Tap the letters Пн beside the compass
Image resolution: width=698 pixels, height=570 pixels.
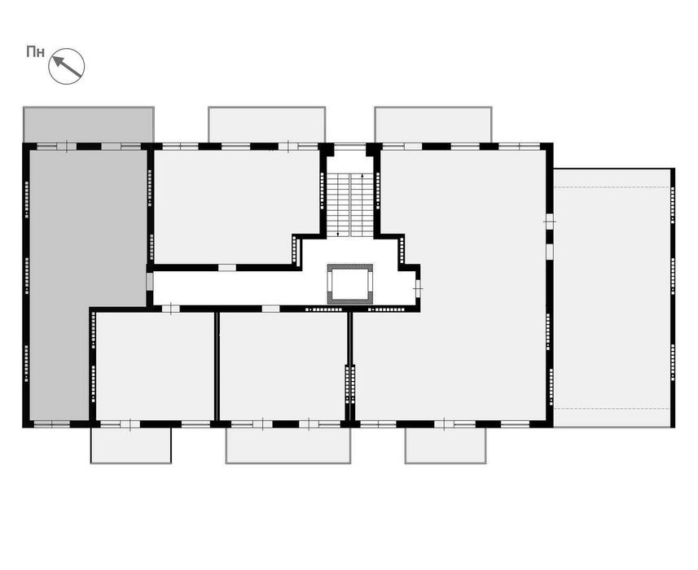pos(36,52)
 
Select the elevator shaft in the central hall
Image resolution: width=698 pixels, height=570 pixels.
pos(350,284)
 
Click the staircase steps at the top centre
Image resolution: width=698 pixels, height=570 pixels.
pos(350,205)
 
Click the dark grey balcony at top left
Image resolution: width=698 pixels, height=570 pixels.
pos(89,125)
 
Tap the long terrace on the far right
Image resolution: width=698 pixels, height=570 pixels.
pos(612,298)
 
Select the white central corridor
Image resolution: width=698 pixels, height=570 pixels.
pos(240,288)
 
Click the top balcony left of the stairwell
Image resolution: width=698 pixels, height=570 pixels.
pos(266,125)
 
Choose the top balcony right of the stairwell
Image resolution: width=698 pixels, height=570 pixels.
pos(433,125)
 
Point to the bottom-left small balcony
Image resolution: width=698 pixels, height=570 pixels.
pos(131,445)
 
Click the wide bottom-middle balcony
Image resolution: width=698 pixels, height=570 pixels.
pos(288,445)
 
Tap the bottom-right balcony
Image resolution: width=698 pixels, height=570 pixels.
pos(446,445)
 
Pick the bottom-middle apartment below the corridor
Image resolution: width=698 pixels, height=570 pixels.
pos(283,366)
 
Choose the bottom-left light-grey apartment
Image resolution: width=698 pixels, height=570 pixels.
pos(155,366)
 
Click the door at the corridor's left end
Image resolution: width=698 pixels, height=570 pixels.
pos(150,282)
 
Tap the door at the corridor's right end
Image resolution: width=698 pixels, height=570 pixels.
pos(418,289)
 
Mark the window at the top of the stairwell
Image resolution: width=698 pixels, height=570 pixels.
pos(350,147)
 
